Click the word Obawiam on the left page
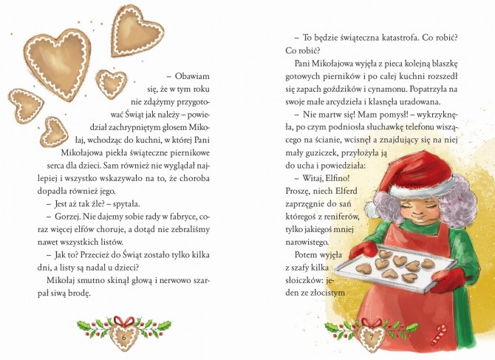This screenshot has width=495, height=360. point(192,76)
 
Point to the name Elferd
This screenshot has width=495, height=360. point(346,191)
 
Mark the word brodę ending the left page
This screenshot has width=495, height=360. point(81,293)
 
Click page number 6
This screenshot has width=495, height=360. point(123,338)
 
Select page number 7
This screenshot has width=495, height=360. point(372,337)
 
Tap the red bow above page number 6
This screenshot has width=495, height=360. point(124,321)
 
